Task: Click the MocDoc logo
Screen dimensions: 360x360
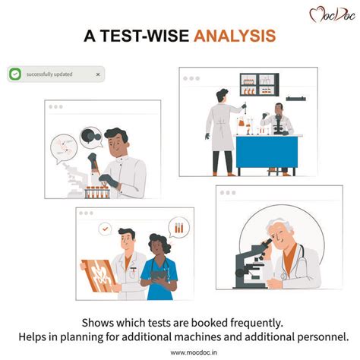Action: click(332, 14)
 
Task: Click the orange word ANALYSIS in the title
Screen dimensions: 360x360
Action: click(235, 36)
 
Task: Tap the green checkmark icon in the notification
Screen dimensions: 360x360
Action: click(15, 74)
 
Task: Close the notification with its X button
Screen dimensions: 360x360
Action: click(98, 74)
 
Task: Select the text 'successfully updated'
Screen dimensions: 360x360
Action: click(49, 74)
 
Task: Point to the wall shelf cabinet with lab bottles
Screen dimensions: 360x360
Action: click(259, 84)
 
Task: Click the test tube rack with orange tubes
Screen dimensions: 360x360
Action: click(97, 192)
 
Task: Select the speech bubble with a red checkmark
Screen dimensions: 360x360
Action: click(105, 229)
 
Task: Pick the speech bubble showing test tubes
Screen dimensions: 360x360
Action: click(178, 228)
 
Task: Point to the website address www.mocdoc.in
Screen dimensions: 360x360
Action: click(194, 352)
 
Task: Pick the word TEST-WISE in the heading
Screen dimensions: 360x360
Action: click(145, 36)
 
